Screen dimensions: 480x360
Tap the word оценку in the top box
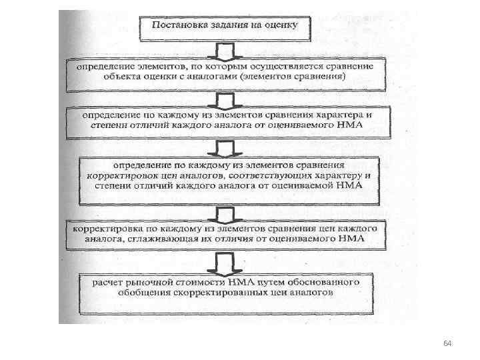(x=290, y=25)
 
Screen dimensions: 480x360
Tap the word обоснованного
(x=319, y=281)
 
